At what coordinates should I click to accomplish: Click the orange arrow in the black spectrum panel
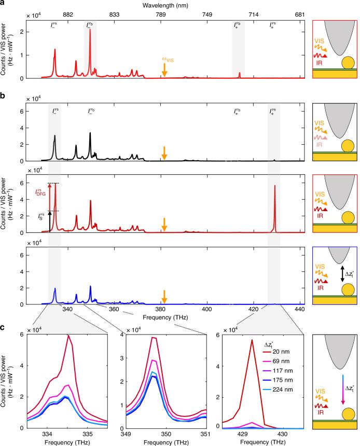click(x=164, y=152)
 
